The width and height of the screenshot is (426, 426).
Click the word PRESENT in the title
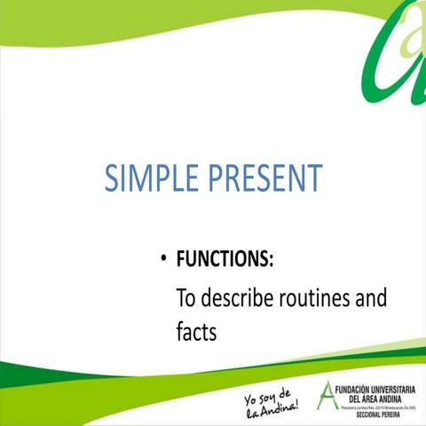tap(265, 178)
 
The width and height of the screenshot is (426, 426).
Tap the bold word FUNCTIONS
tap(224, 259)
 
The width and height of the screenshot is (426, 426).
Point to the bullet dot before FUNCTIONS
tap(164, 260)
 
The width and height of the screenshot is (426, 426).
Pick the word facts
tap(196, 332)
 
